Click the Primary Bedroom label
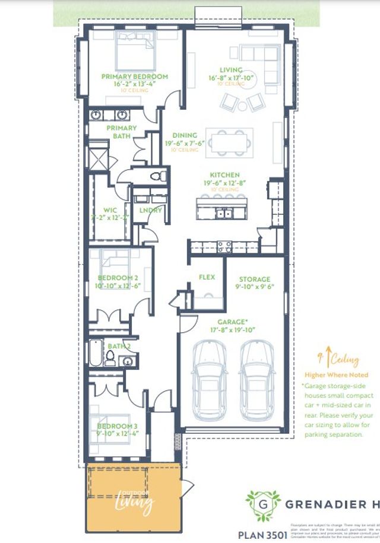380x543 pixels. pos(134,77)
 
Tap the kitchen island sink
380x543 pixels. pos(224,213)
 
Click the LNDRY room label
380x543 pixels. pos(151,210)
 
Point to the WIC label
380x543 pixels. pos(110,210)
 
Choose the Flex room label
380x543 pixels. pos(206,277)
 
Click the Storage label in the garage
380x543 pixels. pos(254,279)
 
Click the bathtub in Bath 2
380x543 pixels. pos(96,354)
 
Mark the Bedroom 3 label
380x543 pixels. pos(114,426)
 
